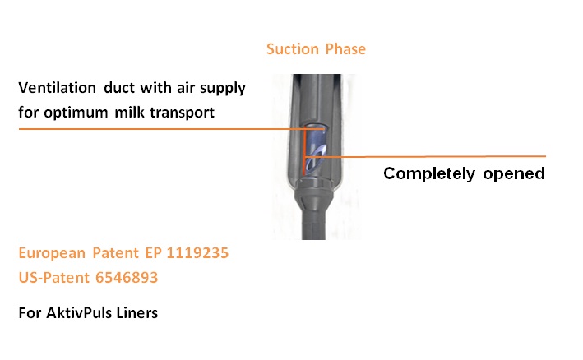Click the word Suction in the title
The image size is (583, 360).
[x=293, y=49]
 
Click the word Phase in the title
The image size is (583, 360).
[x=345, y=49]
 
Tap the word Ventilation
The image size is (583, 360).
[x=58, y=88]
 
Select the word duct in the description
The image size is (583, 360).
[x=119, y=88]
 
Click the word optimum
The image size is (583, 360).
[x=76, y=113]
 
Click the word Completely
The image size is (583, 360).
[x=429, y=174]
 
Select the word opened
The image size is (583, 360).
[x=514, y=174]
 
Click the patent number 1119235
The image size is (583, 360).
[x=197, y=253]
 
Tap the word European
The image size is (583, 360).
[x=52, y=254]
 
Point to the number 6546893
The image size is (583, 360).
[x=127, y=278]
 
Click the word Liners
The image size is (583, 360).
[x=136, y=313]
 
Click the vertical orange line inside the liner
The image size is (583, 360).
[x=303, y=151]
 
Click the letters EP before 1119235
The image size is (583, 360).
[x=153, y=253]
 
